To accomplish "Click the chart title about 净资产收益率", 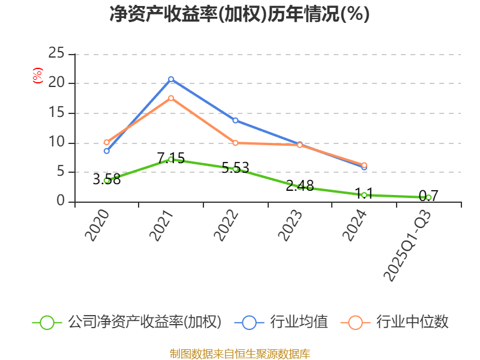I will click(239, 14).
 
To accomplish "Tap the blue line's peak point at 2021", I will click(171, 79).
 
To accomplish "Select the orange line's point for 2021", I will click(171, 98).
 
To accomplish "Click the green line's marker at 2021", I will click(171, 159).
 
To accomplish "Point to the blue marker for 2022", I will click(235, 121).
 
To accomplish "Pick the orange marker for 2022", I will click(235, 143).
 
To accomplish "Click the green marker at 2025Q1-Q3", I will click(428, 197).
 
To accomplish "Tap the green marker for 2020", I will click(107, 181).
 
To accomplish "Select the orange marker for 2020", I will click(107, 142).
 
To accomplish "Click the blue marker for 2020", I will click(107, 151).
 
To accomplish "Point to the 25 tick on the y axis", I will click(56, 53).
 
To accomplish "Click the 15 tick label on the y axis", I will click(56, 113).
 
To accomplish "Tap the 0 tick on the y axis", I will click(61, 202).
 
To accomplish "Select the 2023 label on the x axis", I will click(291, 225).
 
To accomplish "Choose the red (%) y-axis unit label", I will click(38, 76).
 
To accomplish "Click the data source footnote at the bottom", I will click(239, 353).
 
